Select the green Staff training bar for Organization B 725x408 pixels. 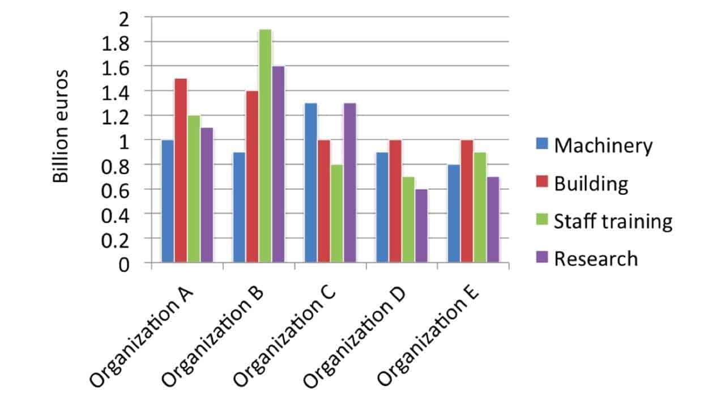265,146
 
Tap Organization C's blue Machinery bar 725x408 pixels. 310,182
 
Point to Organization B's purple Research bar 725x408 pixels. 278,164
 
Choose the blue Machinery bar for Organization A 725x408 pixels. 168,201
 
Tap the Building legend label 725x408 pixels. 591,184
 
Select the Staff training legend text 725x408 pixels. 613,221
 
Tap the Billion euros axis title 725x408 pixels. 61,126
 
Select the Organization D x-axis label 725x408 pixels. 357,338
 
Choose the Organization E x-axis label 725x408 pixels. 429,338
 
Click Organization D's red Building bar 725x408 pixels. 395,201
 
